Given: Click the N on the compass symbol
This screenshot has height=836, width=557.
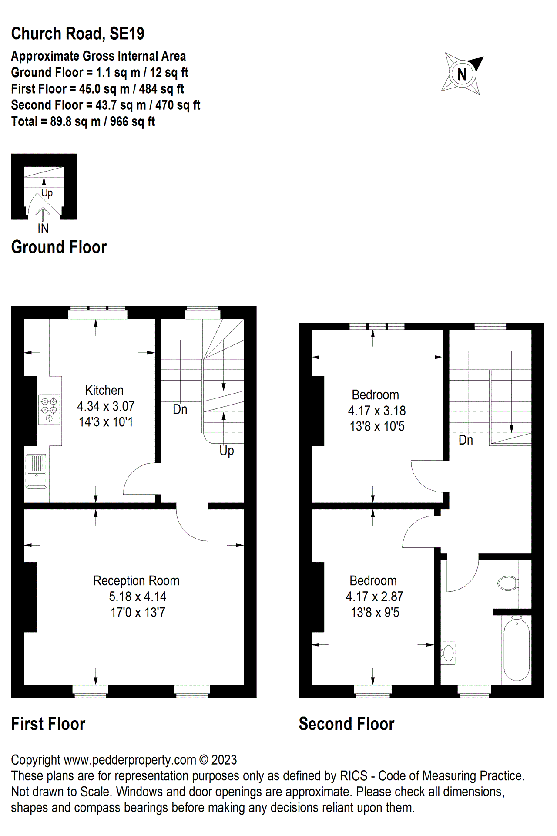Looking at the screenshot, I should click(x=462, y=74).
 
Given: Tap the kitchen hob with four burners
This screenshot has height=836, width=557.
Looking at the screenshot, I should click(x=49, y=410).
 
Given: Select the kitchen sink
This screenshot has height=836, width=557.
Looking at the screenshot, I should click(x=37, y=471).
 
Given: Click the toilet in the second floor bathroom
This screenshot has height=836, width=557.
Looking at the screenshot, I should click(x=508, y=583).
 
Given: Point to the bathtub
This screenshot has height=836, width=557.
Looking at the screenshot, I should click(x=517, y=649).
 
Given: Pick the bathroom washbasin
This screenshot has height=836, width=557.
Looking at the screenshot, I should click(x=448, y=653).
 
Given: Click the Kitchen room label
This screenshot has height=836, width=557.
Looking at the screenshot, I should click(x=104, y=390).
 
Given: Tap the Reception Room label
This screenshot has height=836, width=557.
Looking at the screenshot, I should click(x=136, y=581).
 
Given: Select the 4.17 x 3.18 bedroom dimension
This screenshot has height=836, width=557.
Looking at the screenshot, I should click(x=377, y=411).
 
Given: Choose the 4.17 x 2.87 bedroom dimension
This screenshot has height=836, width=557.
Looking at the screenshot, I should click(x=375, y=597).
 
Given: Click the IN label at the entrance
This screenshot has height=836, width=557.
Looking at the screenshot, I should click(x=43, y=229).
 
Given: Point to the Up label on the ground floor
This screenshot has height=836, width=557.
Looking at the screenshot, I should click(x=47, y=192).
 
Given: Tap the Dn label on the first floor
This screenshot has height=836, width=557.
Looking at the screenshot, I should click(x=180, y=409).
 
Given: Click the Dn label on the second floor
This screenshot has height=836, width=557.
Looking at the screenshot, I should click(x=466, y=440).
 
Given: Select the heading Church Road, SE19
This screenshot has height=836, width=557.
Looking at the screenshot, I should click(x=77, y=34).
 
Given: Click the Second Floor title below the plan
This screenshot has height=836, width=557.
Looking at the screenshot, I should click(x=346, y=724).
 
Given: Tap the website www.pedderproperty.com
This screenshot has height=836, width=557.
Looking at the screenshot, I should click(x=130, y=760).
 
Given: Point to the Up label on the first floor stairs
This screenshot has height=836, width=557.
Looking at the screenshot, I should click(x=227, y=451).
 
